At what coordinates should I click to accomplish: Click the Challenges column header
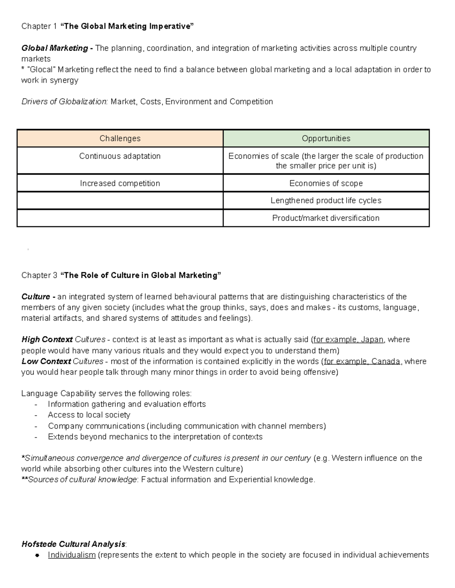coord(120,139)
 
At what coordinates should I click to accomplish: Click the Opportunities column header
coord(326,139)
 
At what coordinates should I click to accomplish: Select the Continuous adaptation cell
coord(120,156)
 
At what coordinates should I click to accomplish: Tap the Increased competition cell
coord(120,184)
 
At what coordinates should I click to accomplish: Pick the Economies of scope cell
coord(326,184)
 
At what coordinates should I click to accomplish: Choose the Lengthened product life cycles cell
coord(326,201)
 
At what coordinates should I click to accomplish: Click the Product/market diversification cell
coord(326,218)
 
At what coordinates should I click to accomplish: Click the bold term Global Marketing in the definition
coord(55,48)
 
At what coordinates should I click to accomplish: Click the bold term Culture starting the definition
coord(36,297)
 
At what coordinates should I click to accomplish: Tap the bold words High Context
coord(47,340)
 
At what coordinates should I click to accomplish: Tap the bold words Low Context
coord(46,362)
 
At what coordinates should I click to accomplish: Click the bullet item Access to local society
coord(89,415)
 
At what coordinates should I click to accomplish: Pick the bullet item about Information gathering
coord(127,404)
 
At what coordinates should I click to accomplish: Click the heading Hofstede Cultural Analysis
coord(73,544)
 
